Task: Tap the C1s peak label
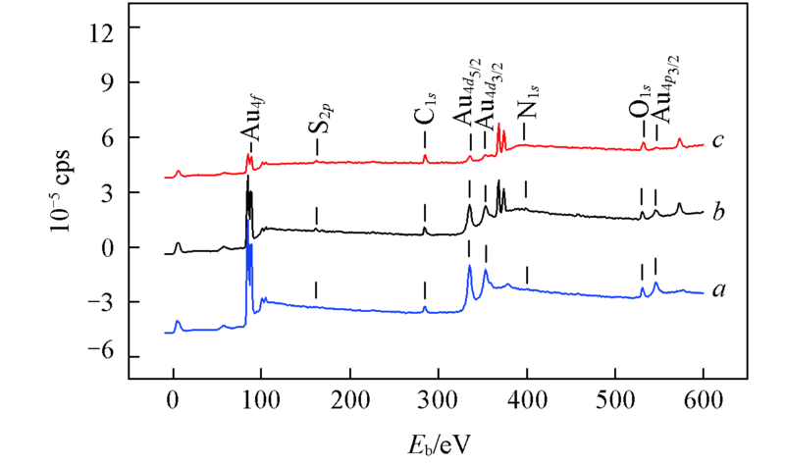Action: pos(424,116)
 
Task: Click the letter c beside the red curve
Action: pos(718,140)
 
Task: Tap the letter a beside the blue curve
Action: pos(720,290)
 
